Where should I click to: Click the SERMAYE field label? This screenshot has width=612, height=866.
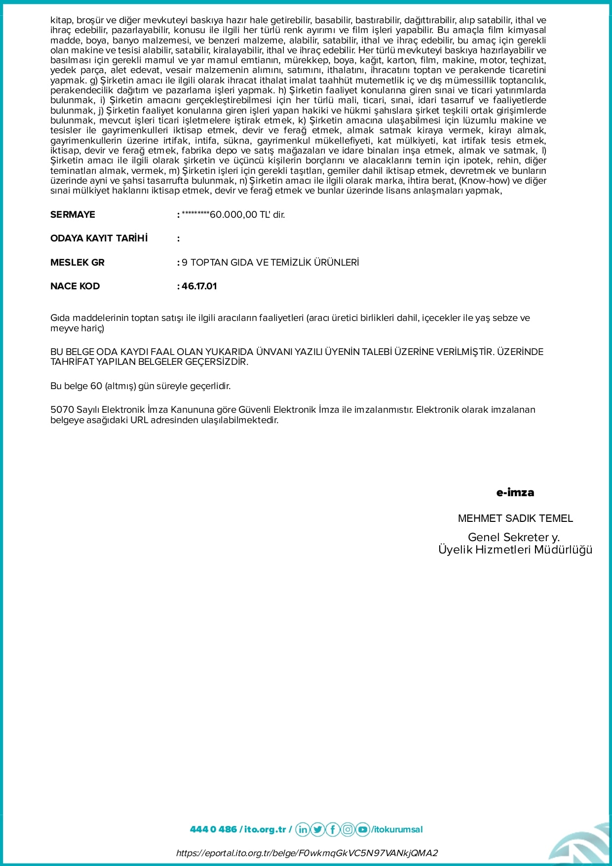[x=73, y=215]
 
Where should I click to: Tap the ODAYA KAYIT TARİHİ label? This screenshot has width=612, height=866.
[x=99, y=238]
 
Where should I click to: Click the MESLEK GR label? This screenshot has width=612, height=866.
[x=77, y=263]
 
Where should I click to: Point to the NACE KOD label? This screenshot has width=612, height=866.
[x=75, y=286]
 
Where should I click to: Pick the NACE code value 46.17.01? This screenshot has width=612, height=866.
[x=199, y=286]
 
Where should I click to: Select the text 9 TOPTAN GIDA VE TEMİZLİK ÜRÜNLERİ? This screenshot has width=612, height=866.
[x=270, y=263]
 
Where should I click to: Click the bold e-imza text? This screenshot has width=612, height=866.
[x=515, y=493]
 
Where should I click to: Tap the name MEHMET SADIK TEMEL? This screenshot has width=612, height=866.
[x=515, y=518]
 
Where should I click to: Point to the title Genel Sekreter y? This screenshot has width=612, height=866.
[x=513, y=537]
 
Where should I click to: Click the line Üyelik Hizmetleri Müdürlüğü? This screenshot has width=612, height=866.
[x=515, y=550]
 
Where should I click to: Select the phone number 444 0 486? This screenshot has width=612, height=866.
[x=213, y=829]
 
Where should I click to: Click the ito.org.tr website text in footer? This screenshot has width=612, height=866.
[x=265, y=829]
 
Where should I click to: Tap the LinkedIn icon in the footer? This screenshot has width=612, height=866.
[x=303, y=829]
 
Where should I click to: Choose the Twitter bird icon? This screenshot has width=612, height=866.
[x=318, y=829]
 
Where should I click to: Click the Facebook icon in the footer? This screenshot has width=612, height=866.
[x=333, y=829]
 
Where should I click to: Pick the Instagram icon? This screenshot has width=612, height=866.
[x=348, y=829]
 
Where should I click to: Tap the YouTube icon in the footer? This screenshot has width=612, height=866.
[x=363, y=829]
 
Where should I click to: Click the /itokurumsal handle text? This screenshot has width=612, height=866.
[x=397, y=829]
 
